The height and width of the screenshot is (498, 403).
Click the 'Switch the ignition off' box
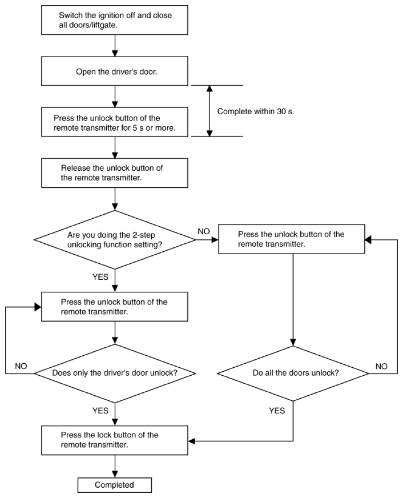point(115,20)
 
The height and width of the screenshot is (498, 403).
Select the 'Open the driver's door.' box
point(115,71)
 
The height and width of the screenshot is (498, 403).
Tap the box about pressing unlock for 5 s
point(115,122)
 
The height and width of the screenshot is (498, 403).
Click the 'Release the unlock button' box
point(115,173)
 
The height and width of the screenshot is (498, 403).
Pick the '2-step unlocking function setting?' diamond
point(115,240)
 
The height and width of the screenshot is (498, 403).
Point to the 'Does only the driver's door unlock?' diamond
point(115,373)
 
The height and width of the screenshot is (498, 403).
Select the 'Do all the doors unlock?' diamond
point(293,373)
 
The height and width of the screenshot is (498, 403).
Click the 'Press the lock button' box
point(115,440)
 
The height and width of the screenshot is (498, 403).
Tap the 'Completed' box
point(115,485)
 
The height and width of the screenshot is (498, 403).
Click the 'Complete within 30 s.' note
point(256,111)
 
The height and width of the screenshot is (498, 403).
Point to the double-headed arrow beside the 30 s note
point(209,111)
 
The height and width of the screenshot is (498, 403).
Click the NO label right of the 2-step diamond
point(204,231)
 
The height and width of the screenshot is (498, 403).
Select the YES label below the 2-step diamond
point(100,277)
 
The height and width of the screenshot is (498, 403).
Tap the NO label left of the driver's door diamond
point(21,366)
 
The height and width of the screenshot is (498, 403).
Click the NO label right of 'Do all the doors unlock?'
point(381,367)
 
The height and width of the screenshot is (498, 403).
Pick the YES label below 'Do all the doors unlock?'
point(277,411)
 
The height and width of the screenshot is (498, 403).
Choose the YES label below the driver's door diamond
point(100,411)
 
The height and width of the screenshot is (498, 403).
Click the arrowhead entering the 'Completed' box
point(115,474)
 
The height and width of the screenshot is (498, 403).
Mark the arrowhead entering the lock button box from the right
point(192,441)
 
